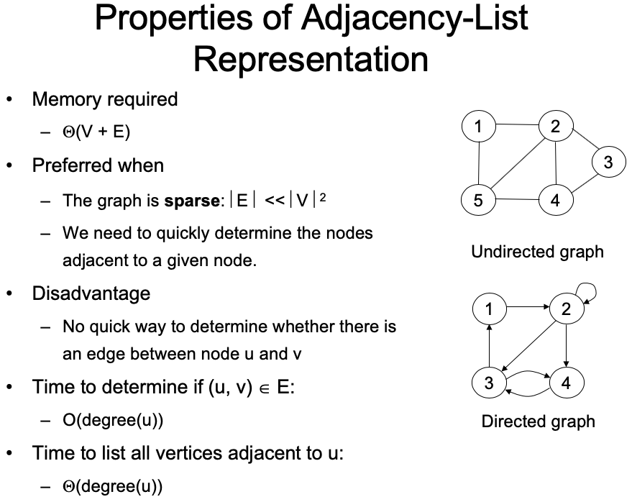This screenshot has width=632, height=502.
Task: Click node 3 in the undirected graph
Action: [x=608, y=162]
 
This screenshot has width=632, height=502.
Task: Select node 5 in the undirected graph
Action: [x=478, y=200]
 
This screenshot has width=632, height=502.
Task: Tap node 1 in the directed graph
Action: [x=489, y=309]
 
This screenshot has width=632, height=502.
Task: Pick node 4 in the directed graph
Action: [x=567, y=382]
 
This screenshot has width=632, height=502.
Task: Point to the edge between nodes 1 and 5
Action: [x=479, y=163]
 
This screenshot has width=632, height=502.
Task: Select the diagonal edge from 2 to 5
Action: [x=518, y=163]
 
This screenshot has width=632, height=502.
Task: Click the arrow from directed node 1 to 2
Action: [x=528, y=307]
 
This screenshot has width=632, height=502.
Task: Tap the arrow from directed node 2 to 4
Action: [x=567, y=345]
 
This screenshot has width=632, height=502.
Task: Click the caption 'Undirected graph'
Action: [x=537, y=252]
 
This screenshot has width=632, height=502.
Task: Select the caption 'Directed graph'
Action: [x=538, y=421]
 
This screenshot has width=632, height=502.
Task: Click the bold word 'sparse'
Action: [x=192, y=201]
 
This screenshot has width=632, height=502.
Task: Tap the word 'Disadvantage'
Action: [x=91, y=293]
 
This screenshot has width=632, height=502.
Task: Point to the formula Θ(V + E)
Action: [x=96, y=132]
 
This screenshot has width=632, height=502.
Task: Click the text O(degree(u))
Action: [x=113, y=420]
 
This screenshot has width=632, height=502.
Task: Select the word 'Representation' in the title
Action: [x=311, y=59]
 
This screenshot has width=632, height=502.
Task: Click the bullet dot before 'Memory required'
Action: [x=9, y=99]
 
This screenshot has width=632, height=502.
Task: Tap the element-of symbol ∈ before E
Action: [x=265, y=388]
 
